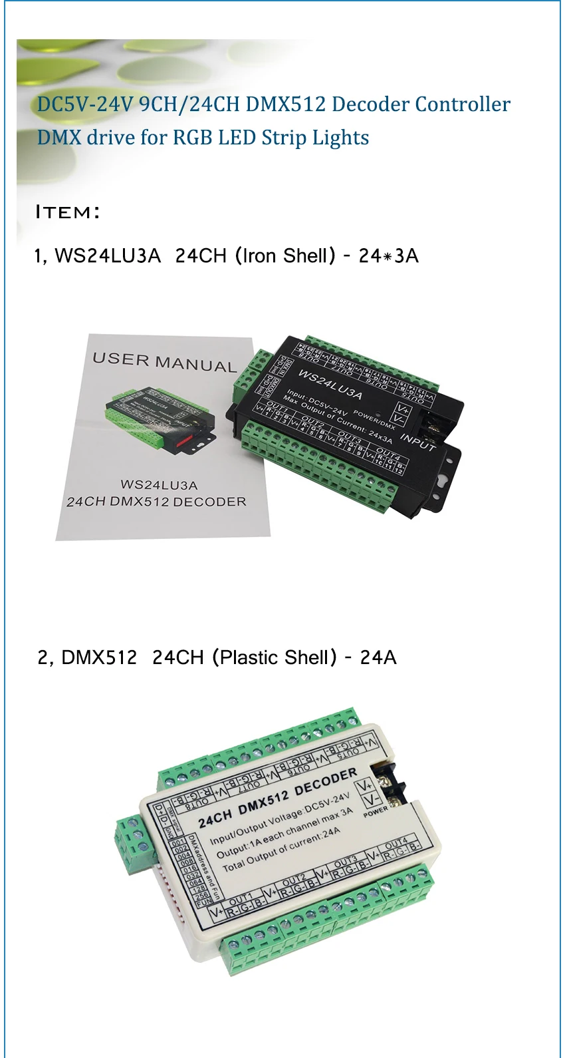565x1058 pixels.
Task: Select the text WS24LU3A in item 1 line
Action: (108, 256)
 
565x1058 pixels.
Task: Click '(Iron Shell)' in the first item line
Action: (285, 256)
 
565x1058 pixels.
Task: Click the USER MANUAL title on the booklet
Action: (164, 363)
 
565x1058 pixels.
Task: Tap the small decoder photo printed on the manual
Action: (160, 423)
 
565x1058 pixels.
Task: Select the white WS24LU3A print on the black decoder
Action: (330, 384)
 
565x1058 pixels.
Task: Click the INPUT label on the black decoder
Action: (417, 442)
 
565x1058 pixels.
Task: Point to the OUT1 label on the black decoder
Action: (277, 405)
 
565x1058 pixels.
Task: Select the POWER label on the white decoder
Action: (376, 811)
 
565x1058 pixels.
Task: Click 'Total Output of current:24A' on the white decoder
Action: (281, 849)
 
